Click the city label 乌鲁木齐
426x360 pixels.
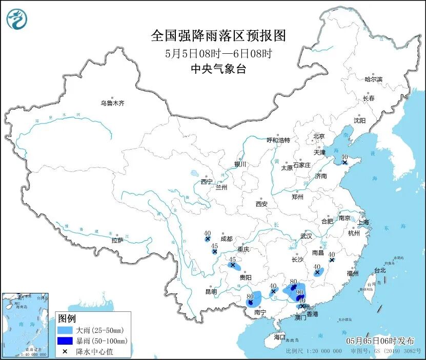point(112,103)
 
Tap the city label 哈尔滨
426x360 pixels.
point(373,79)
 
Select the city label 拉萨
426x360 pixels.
point(117,240)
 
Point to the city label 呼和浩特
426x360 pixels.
point(278,140)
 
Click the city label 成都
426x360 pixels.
point(226,239)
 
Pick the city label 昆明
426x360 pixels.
point(211,291)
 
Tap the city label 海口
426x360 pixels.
point(279,337)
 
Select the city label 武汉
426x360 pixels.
point(306,236)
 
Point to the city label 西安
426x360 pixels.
point(261,204)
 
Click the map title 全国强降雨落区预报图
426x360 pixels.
point(218,36)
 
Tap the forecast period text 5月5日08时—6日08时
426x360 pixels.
point(218,53)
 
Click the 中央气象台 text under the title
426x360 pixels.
point(218,69)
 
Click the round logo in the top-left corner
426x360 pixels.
point(17,19)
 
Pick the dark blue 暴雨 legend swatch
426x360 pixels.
point(65,341)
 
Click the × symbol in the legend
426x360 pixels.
point(65,351)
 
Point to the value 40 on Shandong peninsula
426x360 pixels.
point(344,157)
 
